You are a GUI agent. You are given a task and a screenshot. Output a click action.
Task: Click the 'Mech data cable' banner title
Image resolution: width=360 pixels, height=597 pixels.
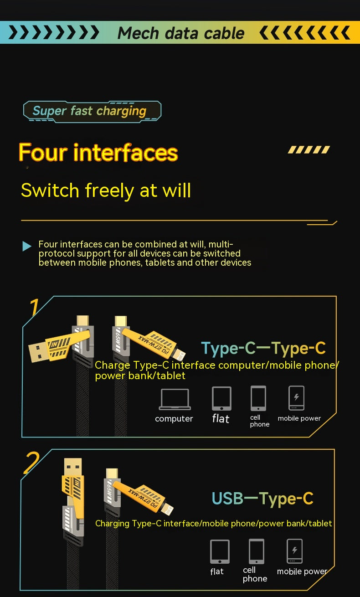[181, 33]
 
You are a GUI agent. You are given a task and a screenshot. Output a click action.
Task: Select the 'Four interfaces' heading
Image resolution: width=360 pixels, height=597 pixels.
[98, 153]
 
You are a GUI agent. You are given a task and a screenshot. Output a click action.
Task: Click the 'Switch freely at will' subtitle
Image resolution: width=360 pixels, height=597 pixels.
[106, 190]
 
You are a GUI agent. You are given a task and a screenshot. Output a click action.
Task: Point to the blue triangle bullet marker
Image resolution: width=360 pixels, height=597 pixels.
[27, 246]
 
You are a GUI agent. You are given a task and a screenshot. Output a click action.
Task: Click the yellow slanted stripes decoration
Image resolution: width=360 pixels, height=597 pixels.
[309, 149]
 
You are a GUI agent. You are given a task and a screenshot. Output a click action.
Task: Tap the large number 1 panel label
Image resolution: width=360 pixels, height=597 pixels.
[33, 308]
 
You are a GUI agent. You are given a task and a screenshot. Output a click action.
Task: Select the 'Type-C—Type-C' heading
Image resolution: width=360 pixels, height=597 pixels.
[263, 348]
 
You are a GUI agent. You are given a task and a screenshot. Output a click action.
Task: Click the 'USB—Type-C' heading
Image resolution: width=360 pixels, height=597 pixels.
[262, 499]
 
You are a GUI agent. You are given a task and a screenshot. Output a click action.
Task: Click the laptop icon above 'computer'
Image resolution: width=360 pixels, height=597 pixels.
[174, 399]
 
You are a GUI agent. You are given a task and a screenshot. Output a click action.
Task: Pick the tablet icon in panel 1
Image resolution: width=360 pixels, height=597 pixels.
[221, 398]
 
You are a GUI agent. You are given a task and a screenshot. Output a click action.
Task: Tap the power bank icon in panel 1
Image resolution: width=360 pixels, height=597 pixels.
[297, 398]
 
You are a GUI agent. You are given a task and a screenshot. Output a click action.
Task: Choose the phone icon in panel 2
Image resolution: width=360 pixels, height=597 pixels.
[257, 551]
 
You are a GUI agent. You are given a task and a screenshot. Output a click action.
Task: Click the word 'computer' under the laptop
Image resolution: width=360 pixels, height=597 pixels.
[174, 419]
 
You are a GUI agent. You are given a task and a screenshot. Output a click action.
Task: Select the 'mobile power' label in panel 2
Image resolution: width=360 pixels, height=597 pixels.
[302, 571]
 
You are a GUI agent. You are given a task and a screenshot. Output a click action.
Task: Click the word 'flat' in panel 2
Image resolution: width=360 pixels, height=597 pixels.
[217, 571]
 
